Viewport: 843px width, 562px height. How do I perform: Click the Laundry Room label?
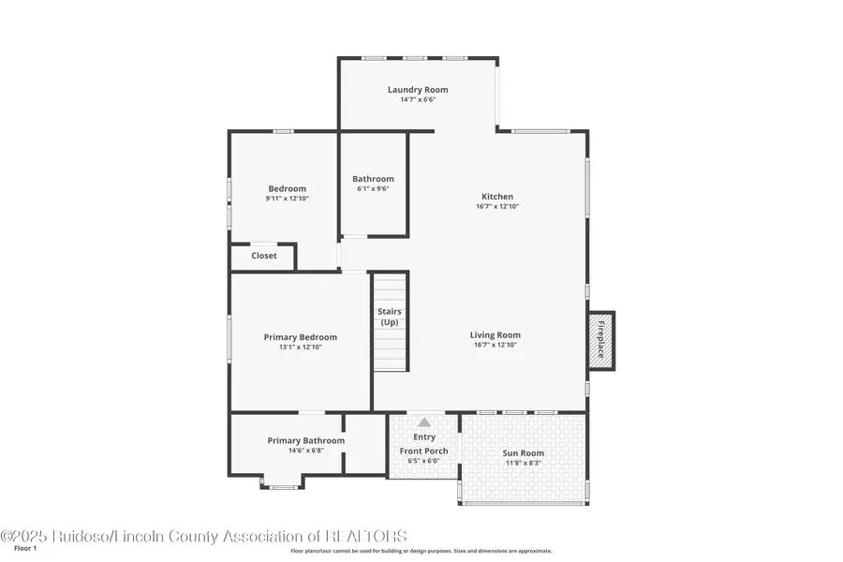coord(418,90)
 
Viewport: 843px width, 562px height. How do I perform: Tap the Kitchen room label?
coord(496,197)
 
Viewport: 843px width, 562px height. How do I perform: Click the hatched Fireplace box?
coord(601,339)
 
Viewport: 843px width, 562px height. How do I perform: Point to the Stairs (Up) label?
coord(390,317)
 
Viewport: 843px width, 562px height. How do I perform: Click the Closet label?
coord(264,256)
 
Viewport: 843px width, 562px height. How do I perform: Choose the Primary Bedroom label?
coord(300,337)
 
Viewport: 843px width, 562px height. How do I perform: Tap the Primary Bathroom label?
coord(305,440)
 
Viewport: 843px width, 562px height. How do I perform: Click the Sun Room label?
coord(524,453)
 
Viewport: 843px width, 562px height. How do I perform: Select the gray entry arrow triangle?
coord(424,422)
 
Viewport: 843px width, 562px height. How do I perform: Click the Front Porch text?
coord(424,451)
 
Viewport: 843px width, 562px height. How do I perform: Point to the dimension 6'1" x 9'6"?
coord(373,188)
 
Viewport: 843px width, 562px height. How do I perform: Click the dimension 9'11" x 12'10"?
coord(287,199)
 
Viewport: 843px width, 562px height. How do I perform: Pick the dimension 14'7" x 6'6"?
coord(418,99)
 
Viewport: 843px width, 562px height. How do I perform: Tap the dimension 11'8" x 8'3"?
coord(524,463)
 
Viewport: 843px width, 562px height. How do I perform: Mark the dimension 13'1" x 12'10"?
coord(300,348)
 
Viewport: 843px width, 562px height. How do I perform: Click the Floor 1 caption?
coord(25,548)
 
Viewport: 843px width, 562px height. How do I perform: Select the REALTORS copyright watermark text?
coord(204,536)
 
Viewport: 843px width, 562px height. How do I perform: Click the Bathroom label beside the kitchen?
coord(373,179)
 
